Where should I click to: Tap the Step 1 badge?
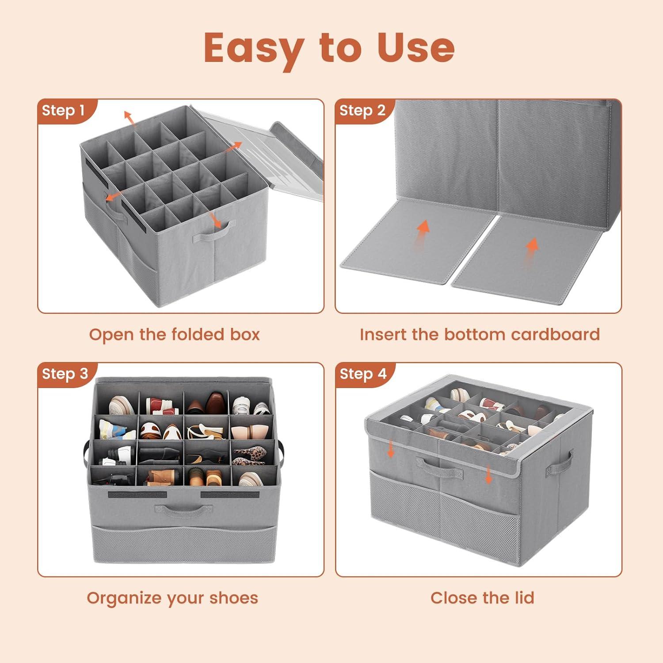tap(63, 110)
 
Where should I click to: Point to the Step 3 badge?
tap(65, 374)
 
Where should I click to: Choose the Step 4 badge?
tap(363, 374)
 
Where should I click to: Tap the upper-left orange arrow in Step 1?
tap(129, 118)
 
